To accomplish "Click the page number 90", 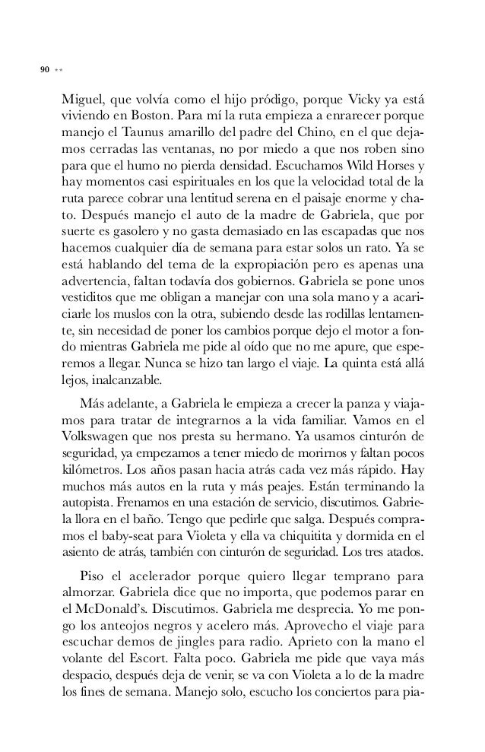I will point(44,70).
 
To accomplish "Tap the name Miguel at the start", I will point(81,102).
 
